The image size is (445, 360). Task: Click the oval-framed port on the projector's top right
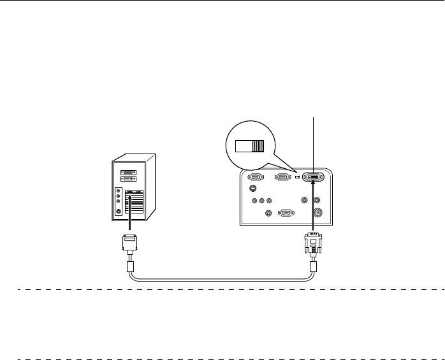313,178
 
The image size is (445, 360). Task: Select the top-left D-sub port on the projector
254,178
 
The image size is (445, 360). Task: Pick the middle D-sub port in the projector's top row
281,178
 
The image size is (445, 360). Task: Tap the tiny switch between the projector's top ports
298,178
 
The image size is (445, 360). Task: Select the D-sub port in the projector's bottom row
286,214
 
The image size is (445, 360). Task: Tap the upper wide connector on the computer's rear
129,172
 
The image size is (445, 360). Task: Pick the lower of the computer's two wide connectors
129,180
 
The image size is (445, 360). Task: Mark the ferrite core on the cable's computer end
129,267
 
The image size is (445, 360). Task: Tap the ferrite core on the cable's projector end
313,267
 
